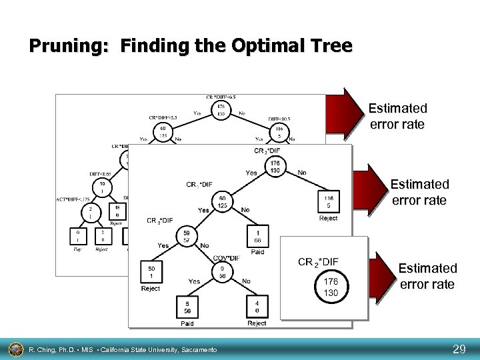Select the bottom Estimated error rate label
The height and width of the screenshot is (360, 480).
tap(427, 276)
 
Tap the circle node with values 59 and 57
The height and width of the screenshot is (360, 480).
tap(187, 235)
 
